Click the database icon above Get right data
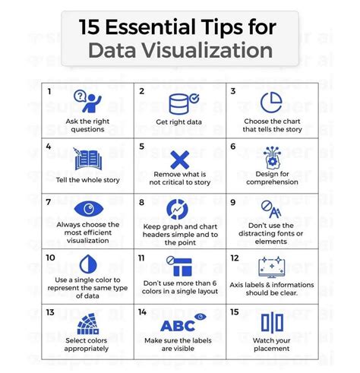pos(179,101)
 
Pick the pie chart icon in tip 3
pos(271,101)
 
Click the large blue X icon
pos(179,160)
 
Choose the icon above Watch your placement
pos(272,323)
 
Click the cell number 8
pos(141,203)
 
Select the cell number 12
pos(234,258)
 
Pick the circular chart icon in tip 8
pos(178,209)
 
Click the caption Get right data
pos(179,121)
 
